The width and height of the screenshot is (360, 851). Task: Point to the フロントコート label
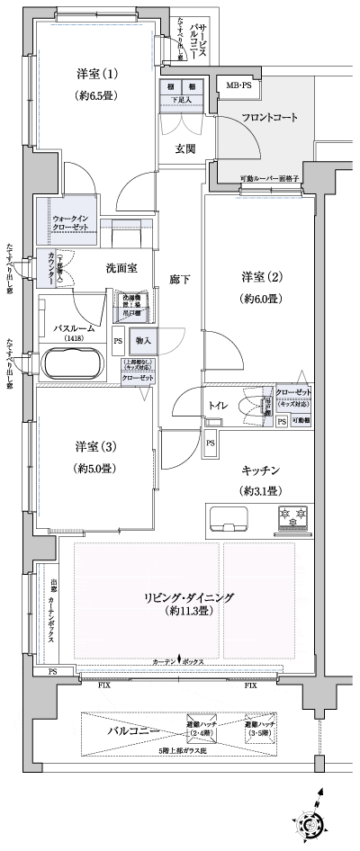tap(269, 118)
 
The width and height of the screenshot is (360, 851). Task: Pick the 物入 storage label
tap(143, 341)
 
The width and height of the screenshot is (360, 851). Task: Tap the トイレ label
tap(218, 407)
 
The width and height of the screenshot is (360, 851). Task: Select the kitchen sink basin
tap(229, 518)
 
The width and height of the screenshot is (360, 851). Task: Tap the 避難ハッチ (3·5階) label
tap(261, 729)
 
